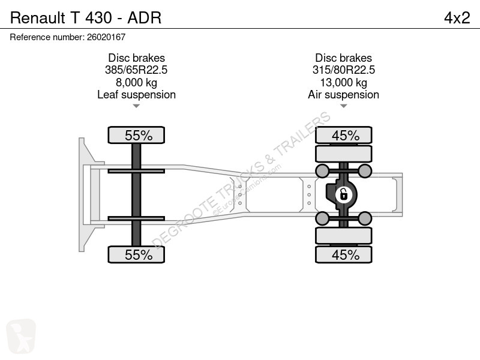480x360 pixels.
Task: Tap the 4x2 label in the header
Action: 457,18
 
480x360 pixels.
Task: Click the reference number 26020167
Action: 106,37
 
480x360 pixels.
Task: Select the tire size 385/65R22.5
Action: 136,70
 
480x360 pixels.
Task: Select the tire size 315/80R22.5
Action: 343,70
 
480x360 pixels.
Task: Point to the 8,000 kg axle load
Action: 136,82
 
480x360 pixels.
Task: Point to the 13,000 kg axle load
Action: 343,82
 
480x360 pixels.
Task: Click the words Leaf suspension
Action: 136,95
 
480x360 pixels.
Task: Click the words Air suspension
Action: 343,95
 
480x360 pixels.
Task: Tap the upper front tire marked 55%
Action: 136,135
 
